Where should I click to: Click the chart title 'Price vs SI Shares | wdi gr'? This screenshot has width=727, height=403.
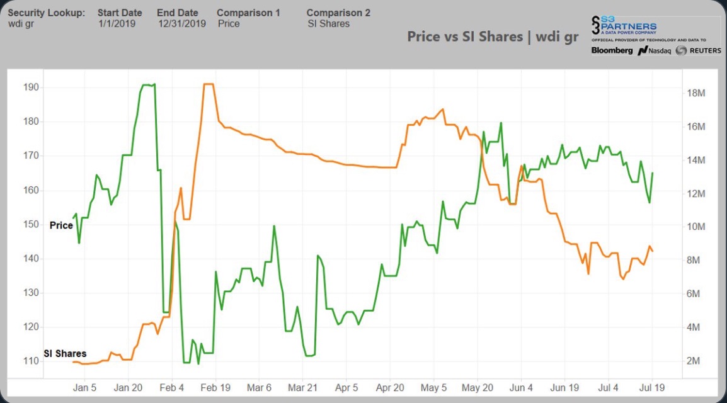pos(492,37)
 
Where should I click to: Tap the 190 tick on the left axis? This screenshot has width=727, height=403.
pos(31,87)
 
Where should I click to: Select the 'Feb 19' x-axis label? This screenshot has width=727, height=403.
pos(215,387)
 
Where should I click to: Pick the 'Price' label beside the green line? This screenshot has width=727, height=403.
pos(61,225)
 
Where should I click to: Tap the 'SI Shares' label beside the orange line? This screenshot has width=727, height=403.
pos(65,353)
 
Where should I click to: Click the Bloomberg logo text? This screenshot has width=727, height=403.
pos(612,50)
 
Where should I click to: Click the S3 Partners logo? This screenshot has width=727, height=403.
pos(624,27)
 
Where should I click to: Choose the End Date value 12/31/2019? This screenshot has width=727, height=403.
pos(181,24)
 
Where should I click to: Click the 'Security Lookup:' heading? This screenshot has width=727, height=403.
pos(46,13)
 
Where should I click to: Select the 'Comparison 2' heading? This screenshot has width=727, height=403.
pos(338,13)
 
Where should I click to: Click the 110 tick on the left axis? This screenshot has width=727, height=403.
pos(31,361)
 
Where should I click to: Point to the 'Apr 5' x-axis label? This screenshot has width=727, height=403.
pos(346,387)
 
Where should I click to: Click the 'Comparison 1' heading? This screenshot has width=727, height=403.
pos(248,13)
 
